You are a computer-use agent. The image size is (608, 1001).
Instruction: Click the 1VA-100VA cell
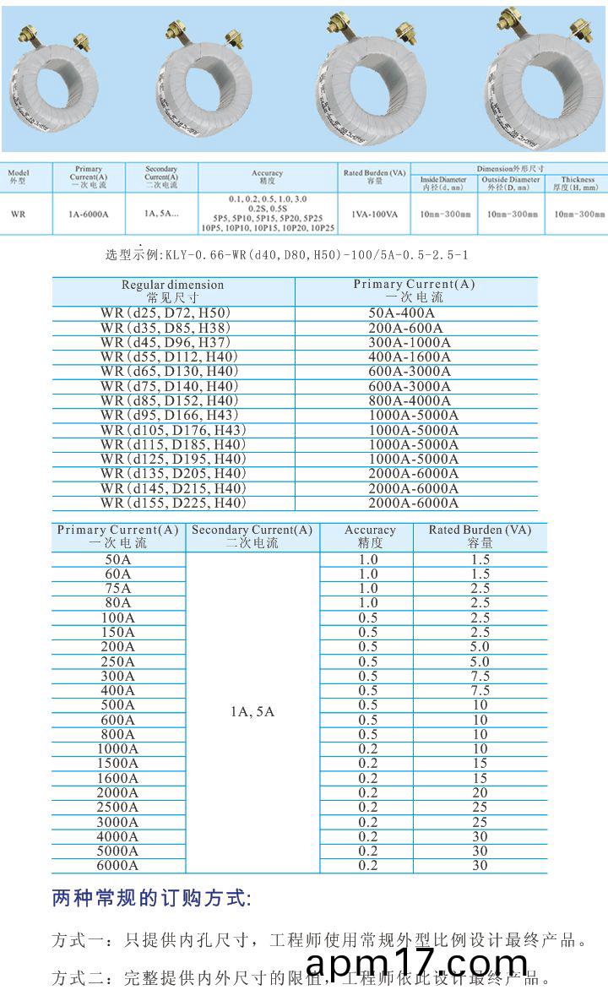click(375, 215)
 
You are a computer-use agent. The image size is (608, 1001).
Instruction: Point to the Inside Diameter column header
click(443, 184)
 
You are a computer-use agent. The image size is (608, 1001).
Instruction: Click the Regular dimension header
click(173, 291)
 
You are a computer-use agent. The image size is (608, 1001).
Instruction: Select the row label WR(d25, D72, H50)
click(166, 313)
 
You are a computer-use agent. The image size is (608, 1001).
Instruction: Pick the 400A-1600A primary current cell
click(410, 356)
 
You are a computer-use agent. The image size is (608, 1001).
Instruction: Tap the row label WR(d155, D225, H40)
click(173, 503)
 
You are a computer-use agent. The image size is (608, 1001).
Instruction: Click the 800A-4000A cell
click(410, 400)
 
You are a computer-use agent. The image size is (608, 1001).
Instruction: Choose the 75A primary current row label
click(118, 588)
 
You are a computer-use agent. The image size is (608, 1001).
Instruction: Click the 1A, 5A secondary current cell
click(252, 711)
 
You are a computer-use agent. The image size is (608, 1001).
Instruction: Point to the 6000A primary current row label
click(118, 865)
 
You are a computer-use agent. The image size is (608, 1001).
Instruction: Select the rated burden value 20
click(480, 792)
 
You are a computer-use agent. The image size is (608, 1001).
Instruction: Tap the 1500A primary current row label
click(118, 763)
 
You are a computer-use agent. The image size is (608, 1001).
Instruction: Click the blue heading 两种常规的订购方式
click(151, 898)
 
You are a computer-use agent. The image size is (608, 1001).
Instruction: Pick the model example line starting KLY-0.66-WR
click(287, 254)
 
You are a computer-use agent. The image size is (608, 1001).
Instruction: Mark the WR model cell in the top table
click(18, 215)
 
